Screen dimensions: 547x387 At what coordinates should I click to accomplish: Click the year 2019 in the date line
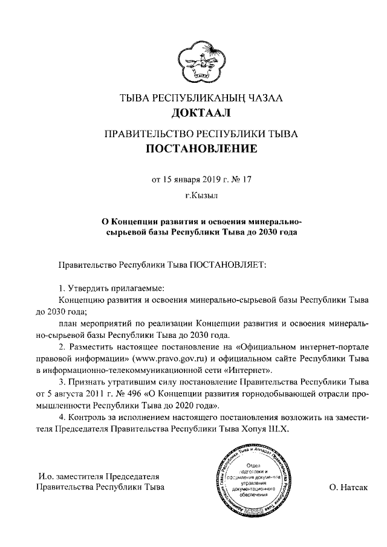(x=209, y=179)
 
